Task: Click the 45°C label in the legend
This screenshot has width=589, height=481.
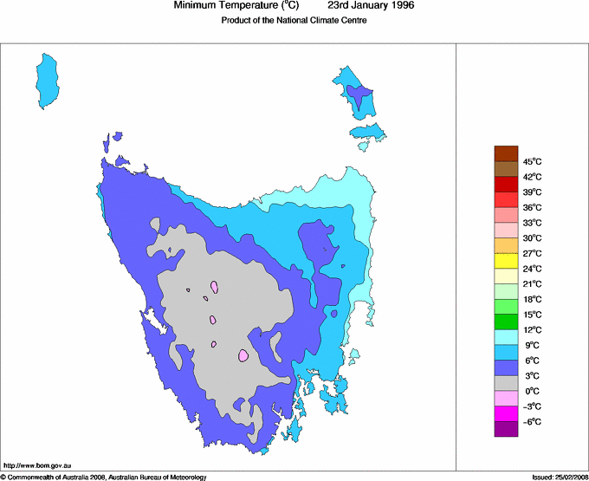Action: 533,161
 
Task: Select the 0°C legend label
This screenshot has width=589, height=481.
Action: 533,391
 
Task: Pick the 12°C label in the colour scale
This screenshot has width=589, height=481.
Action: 533,329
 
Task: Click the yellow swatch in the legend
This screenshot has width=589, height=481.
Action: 506,260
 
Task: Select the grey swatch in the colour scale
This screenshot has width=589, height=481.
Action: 506,382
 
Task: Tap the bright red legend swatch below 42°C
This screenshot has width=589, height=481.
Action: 506,184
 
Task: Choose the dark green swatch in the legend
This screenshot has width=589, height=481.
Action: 506,322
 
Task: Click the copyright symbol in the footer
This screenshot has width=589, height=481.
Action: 3,477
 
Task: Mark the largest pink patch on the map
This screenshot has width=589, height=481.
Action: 243,354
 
